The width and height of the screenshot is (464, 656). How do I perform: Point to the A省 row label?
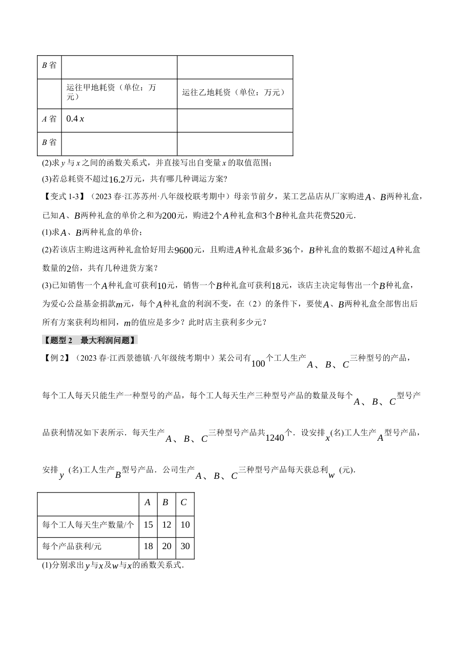click(x=49, y=119)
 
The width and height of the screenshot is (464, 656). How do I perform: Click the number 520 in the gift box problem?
click(x=337, y=215)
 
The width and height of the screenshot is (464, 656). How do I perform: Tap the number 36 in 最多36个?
click(x=288, y=250)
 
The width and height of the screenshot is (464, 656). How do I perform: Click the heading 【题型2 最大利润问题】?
click(x=90, y=340)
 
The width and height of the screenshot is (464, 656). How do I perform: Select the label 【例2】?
click(x=56, y=358)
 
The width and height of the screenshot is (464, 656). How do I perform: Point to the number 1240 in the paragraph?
click(x=274, y=438)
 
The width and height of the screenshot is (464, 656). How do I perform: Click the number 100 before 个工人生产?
click(x=258, y=364)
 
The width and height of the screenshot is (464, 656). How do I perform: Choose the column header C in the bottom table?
click(x=184, y=502)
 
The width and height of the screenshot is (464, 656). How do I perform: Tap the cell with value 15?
click(x=148, y=525)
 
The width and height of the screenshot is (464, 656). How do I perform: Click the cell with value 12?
click(x=166, y=525)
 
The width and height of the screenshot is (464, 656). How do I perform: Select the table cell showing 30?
click(x=185, y=546)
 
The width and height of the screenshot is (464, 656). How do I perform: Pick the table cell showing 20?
click(x=166, y=546)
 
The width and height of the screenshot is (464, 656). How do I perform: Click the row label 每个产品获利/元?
click(x=72, y=546)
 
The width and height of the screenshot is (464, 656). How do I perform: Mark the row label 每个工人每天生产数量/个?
click(x=88, y=525)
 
